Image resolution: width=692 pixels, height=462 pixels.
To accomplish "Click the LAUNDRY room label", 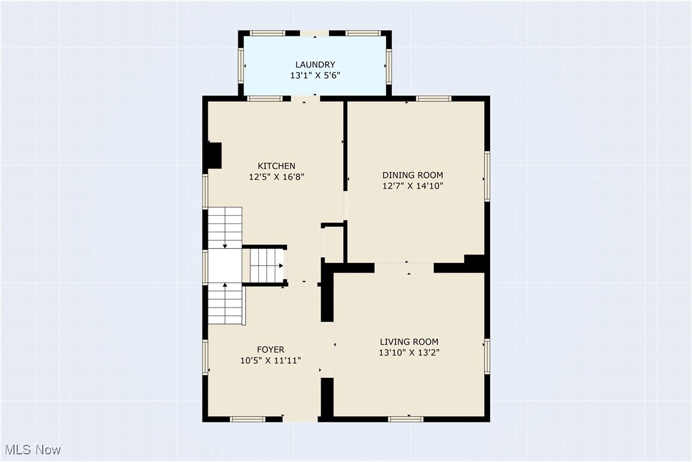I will pos(315,64).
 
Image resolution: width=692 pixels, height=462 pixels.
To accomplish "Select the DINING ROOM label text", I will pos(412,175).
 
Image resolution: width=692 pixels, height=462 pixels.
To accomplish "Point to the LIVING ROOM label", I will pos(409,341).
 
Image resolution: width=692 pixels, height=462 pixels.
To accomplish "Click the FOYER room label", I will pos(270,349).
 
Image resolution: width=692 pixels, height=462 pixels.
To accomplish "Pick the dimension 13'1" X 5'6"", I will pos(315,75).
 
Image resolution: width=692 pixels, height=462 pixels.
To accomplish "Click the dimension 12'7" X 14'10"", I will pos(412,186).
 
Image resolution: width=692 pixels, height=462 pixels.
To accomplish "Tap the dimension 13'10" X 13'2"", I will pos(409,352).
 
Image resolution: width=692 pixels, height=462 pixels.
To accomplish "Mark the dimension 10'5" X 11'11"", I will pos(270,361).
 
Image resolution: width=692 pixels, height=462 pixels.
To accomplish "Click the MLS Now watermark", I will pos(31,450).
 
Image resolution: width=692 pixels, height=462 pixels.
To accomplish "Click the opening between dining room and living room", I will pos(404,268).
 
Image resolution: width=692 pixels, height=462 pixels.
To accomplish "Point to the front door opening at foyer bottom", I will pos(300,419).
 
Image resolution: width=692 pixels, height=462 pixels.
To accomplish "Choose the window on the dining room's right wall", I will pos(487,175).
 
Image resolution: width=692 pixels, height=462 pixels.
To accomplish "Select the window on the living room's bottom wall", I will pos(406,419).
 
